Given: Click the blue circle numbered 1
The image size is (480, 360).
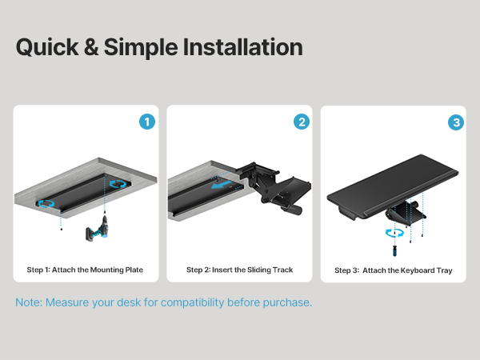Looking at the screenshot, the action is coord(147,122).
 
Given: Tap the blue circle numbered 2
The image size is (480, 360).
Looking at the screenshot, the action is coord(302,122).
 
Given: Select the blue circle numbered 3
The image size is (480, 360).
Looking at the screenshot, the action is coord(456,122).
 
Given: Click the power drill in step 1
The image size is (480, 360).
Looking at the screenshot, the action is coord(98,228).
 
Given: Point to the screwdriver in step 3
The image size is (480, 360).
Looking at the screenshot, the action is coord(394,246).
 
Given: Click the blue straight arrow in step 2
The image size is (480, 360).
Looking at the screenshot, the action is coord(222,185).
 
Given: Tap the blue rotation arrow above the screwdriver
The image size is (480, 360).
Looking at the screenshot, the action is coord(394,233).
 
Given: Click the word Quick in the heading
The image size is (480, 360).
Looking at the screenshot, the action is coord(47,47).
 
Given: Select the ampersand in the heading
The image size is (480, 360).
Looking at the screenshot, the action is coord(91,47).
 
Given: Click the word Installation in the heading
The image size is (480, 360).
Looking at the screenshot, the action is coord(242,47).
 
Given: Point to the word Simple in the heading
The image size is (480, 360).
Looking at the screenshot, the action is coord(141,47).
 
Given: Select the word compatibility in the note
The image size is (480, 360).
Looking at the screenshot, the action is coord(194,302).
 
